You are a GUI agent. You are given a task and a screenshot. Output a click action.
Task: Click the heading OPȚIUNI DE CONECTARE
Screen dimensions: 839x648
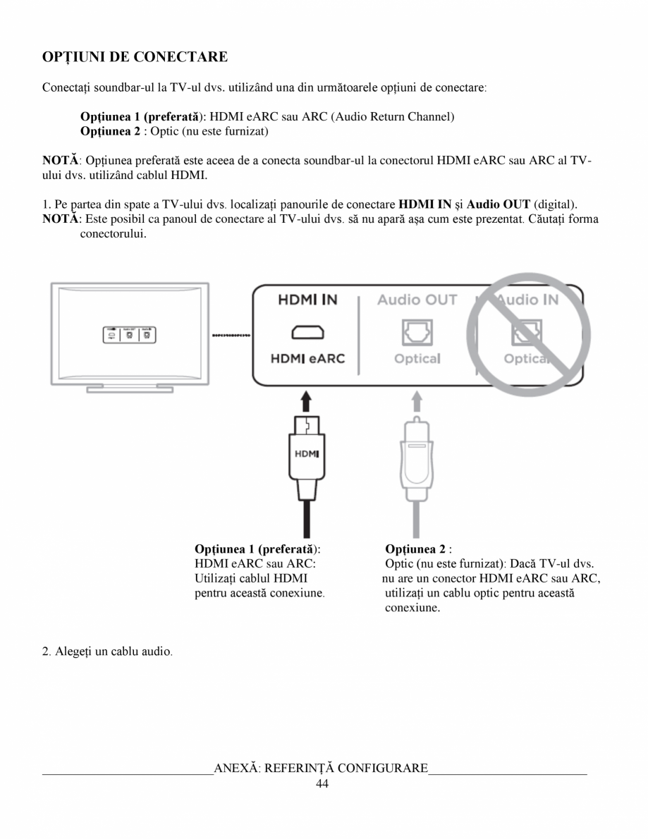point(135,56)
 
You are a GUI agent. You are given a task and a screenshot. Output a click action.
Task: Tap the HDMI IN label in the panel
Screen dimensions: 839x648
point(307,300)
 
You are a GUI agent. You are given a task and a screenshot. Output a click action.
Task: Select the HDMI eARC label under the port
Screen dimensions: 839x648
point(307,359)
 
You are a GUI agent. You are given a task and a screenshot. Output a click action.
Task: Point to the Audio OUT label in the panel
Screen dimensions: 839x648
point(417,300)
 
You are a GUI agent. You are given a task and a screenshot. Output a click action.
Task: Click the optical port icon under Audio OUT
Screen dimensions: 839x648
point(417,329)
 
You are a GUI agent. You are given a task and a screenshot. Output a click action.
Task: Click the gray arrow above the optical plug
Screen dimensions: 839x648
point(417,402)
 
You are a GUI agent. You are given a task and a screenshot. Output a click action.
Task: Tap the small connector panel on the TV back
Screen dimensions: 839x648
point(130,335)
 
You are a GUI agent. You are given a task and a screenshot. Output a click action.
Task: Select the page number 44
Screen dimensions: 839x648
point(323,785)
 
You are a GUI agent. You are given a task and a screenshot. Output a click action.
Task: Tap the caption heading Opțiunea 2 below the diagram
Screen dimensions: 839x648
point(415,548)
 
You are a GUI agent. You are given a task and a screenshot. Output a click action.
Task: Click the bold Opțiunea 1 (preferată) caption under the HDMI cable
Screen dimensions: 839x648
point(257,548)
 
